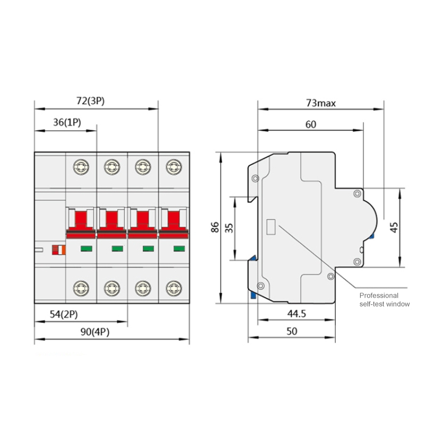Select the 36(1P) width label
point(67,122)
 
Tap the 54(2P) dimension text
point(64,314)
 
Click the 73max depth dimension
point(321,103)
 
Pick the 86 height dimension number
point(215,227)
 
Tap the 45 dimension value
point(394,227)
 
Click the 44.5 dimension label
point(296,314)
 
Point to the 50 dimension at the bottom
point(291,330)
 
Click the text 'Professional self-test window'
point(385,300)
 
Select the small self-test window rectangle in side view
point(270,227)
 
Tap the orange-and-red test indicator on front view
point(57,249)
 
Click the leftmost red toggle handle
point(80,220)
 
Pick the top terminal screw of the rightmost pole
point(172,167)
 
